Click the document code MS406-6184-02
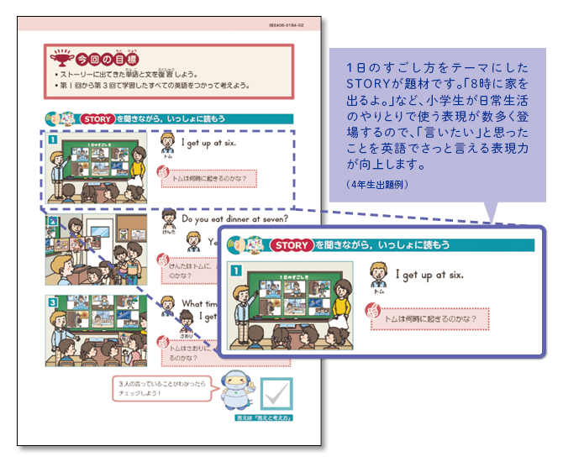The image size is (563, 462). pos(290,28)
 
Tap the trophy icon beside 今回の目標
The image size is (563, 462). pos(61,60)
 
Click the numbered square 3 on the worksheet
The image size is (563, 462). pos(52,301)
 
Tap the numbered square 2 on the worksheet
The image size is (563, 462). pos(52,220)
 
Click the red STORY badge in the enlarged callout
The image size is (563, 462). pos(292,245)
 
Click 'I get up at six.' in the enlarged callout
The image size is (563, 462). pos(429,275)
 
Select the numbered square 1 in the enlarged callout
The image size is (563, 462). pos(238,271)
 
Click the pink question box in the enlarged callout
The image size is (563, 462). pos(429,318)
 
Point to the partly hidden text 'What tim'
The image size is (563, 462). pos(198,304)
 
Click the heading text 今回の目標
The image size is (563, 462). pos(105,60)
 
